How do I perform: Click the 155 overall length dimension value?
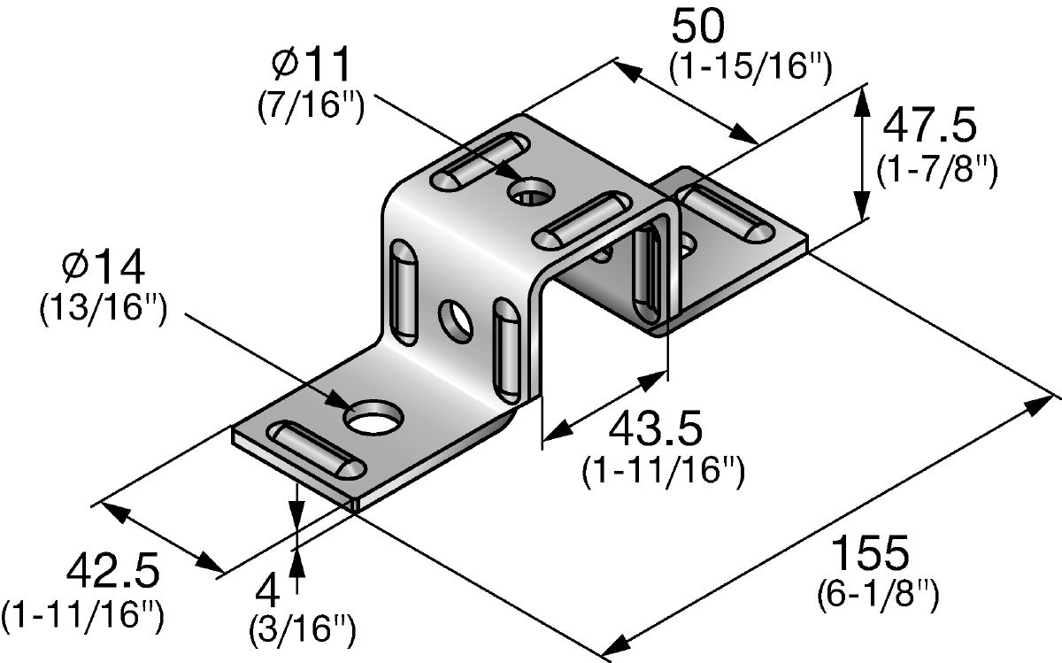(871, 552)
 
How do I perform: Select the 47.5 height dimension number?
(929, 126)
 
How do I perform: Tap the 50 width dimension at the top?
(698, 27)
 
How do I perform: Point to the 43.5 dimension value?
(655, 429)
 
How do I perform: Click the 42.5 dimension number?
(113, 572)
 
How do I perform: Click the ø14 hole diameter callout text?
(103, 268)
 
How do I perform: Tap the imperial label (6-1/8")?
(878, 594)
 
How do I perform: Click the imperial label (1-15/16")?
(750, 67)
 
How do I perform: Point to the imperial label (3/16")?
(303, 629)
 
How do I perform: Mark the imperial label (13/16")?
(104, 308)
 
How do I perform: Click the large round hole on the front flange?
(373, 417)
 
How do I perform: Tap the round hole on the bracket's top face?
(531, 190)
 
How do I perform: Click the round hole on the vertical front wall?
(455, 321)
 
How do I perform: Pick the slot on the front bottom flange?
(316, 449)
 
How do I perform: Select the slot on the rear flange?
(725, 214)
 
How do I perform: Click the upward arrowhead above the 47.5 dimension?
(861, 102)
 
